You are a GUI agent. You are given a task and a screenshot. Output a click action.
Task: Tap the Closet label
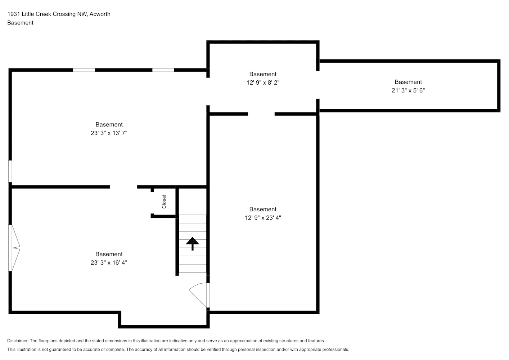164,202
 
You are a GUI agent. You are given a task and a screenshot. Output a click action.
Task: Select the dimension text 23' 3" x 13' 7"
109,133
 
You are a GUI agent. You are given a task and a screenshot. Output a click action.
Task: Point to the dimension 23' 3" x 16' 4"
109,262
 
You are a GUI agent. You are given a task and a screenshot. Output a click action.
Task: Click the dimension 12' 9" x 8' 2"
263,82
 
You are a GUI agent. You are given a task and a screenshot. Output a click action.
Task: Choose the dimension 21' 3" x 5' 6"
408,90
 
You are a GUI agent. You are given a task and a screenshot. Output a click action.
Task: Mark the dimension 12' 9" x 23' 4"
263,218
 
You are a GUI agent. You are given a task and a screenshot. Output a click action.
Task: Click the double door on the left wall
14,248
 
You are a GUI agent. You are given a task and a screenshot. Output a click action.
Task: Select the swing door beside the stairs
199,295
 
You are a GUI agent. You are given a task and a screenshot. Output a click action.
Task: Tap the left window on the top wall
84,70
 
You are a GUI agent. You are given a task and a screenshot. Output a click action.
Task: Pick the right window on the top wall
163,70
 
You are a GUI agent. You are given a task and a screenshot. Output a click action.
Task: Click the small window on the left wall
10,171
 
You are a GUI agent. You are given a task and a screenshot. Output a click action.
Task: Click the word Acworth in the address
100,14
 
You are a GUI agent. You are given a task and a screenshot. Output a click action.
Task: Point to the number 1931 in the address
14,14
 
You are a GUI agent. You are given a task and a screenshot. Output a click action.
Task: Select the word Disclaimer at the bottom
18,341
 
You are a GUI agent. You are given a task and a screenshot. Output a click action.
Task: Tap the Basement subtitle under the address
20,23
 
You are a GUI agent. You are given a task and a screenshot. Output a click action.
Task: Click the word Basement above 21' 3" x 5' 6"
408,82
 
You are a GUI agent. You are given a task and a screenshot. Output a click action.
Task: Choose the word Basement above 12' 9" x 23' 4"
263,209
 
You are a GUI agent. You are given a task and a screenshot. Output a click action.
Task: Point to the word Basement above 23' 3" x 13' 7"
109,125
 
